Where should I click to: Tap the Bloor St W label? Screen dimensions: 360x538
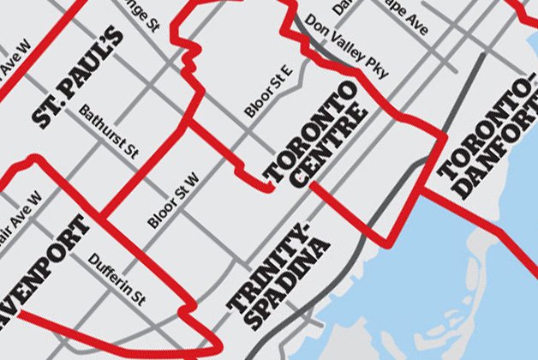click(x=173, y=199)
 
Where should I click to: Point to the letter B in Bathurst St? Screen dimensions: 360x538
click(x=82, y=111)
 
